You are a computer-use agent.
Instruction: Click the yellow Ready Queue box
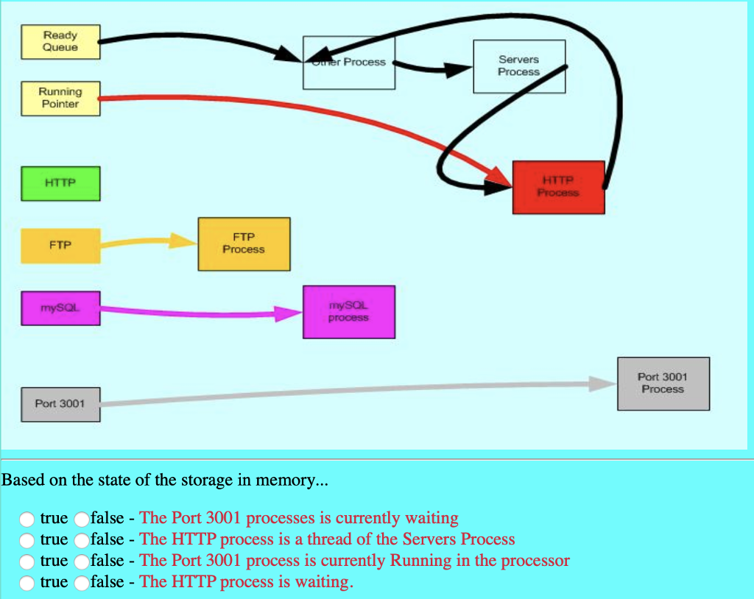60,42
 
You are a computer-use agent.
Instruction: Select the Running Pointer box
60,99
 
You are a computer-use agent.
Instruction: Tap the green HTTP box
60,183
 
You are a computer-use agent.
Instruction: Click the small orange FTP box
60,246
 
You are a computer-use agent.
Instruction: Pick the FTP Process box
244,244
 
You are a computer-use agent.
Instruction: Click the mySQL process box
348,312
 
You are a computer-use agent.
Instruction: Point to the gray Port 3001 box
60,404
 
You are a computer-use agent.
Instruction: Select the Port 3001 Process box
663,383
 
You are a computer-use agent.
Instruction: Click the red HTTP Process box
558,188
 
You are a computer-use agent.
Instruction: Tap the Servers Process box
519,66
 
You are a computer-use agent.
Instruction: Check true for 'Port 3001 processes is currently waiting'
27,519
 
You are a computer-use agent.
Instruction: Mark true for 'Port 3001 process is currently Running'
27,561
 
